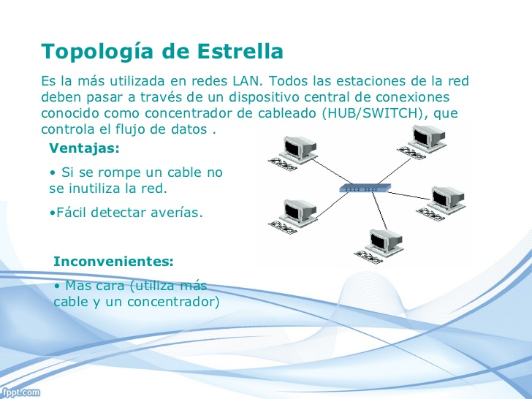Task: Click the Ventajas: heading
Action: (x=84, y=148)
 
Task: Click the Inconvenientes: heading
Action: (x=114, y=261)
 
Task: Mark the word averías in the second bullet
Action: (x=178, y=213)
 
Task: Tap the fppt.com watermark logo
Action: (x=20, y=393)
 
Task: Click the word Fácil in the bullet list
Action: (x=72, y=213)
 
